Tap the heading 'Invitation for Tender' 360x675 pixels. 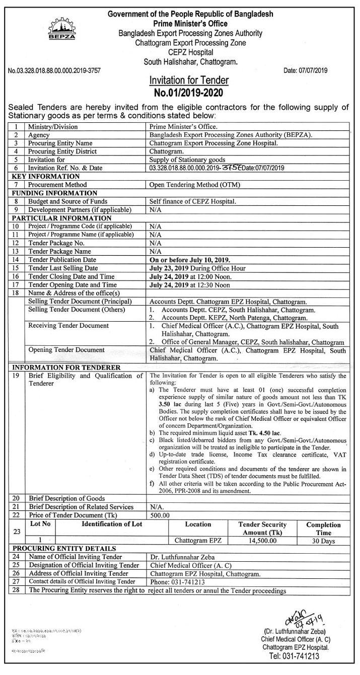pyautogui.click(x=189, y=81)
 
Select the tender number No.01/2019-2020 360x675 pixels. pyautogui.click(x=189, y=93)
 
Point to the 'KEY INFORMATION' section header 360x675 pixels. pyautogui.click(x=46, y=177)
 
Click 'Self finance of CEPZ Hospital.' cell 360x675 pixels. pyautogui.click(x=193, y=201)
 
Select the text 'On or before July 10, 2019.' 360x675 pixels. pyautogui.click(x=190, y=260)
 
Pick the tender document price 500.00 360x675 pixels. pyautogui.click(x=160, y=515)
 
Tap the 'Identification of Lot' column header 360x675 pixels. pyautogui.click(x=112, y=524)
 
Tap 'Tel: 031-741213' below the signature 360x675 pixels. pyautogui.click(x=295, y=656)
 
